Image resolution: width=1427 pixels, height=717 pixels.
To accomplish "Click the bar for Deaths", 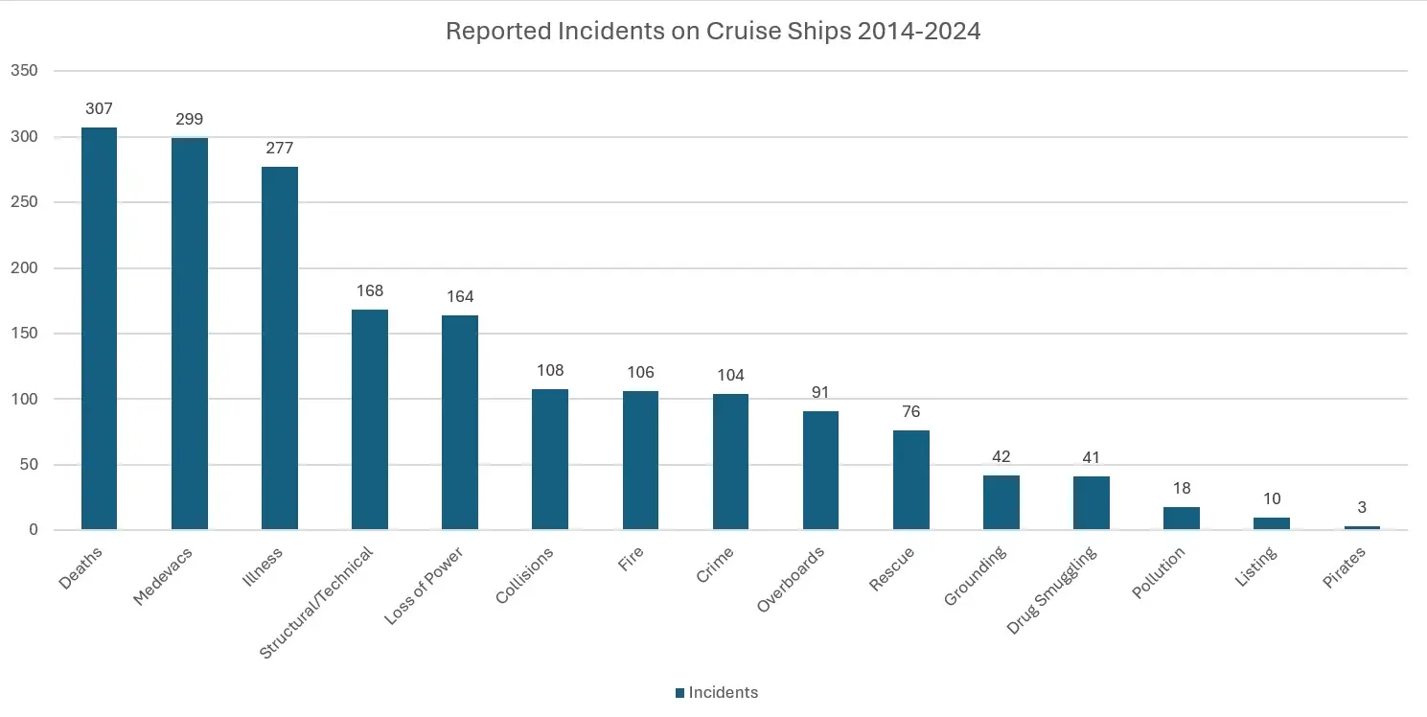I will tap(99, 329).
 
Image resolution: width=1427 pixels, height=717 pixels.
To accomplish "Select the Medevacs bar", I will tap(190, 334).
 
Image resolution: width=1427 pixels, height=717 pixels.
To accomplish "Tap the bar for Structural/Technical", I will tap(370, 419).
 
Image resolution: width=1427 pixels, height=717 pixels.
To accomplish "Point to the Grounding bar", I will tap(1001, 502).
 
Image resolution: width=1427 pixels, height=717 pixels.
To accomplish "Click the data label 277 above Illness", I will tap(280, 149).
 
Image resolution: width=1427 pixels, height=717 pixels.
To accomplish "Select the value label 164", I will tap(460, 297).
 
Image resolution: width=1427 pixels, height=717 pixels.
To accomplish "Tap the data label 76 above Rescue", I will tap(911, 412).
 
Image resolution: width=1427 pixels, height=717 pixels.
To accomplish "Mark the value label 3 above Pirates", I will tap(1362, 507).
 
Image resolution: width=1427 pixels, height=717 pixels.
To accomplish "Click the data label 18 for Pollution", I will tap(1182, 488).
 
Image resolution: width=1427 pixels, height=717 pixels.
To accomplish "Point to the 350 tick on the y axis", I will tap(24, 71).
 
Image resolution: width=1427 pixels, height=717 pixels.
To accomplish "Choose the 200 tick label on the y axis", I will tap(24, 267).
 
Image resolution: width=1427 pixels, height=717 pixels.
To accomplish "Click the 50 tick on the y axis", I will tap(28, 464).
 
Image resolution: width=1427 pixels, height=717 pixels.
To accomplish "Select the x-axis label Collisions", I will tap(525, 575).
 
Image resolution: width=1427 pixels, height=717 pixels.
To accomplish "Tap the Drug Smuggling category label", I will tap(1051, 590).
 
